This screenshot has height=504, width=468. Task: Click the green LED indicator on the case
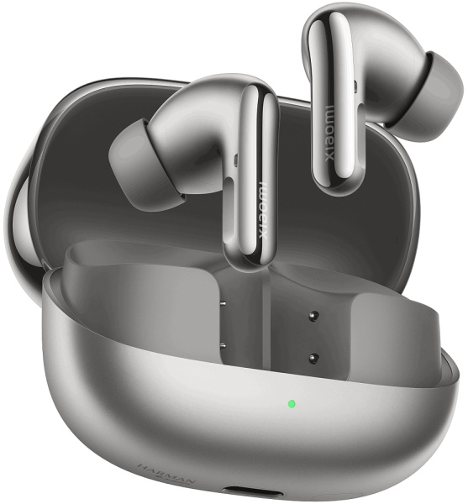291,403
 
